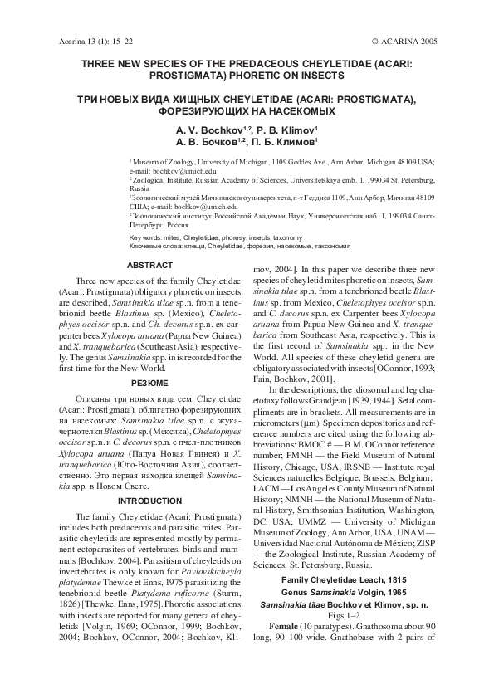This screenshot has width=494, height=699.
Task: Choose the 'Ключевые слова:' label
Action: (155, 246)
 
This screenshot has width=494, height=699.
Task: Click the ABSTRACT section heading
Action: (149, 266)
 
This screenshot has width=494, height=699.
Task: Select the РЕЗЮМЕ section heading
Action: (149, 383)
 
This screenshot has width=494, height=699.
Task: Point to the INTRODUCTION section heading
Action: (149, 501)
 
